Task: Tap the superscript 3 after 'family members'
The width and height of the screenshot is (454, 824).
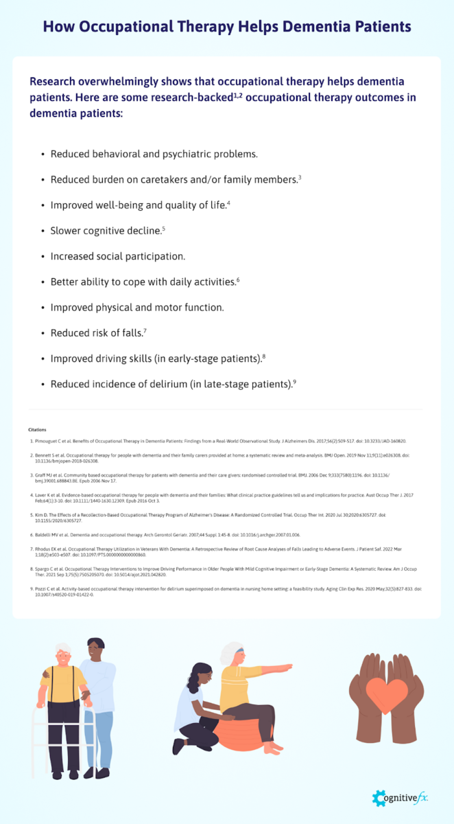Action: [x=300, y=177]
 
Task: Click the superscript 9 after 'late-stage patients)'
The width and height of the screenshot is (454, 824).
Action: [x=294, y=382]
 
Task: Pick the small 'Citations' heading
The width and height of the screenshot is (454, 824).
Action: [x=38, y=430]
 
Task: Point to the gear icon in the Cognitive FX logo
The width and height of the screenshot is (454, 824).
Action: [x=379, y=799]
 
